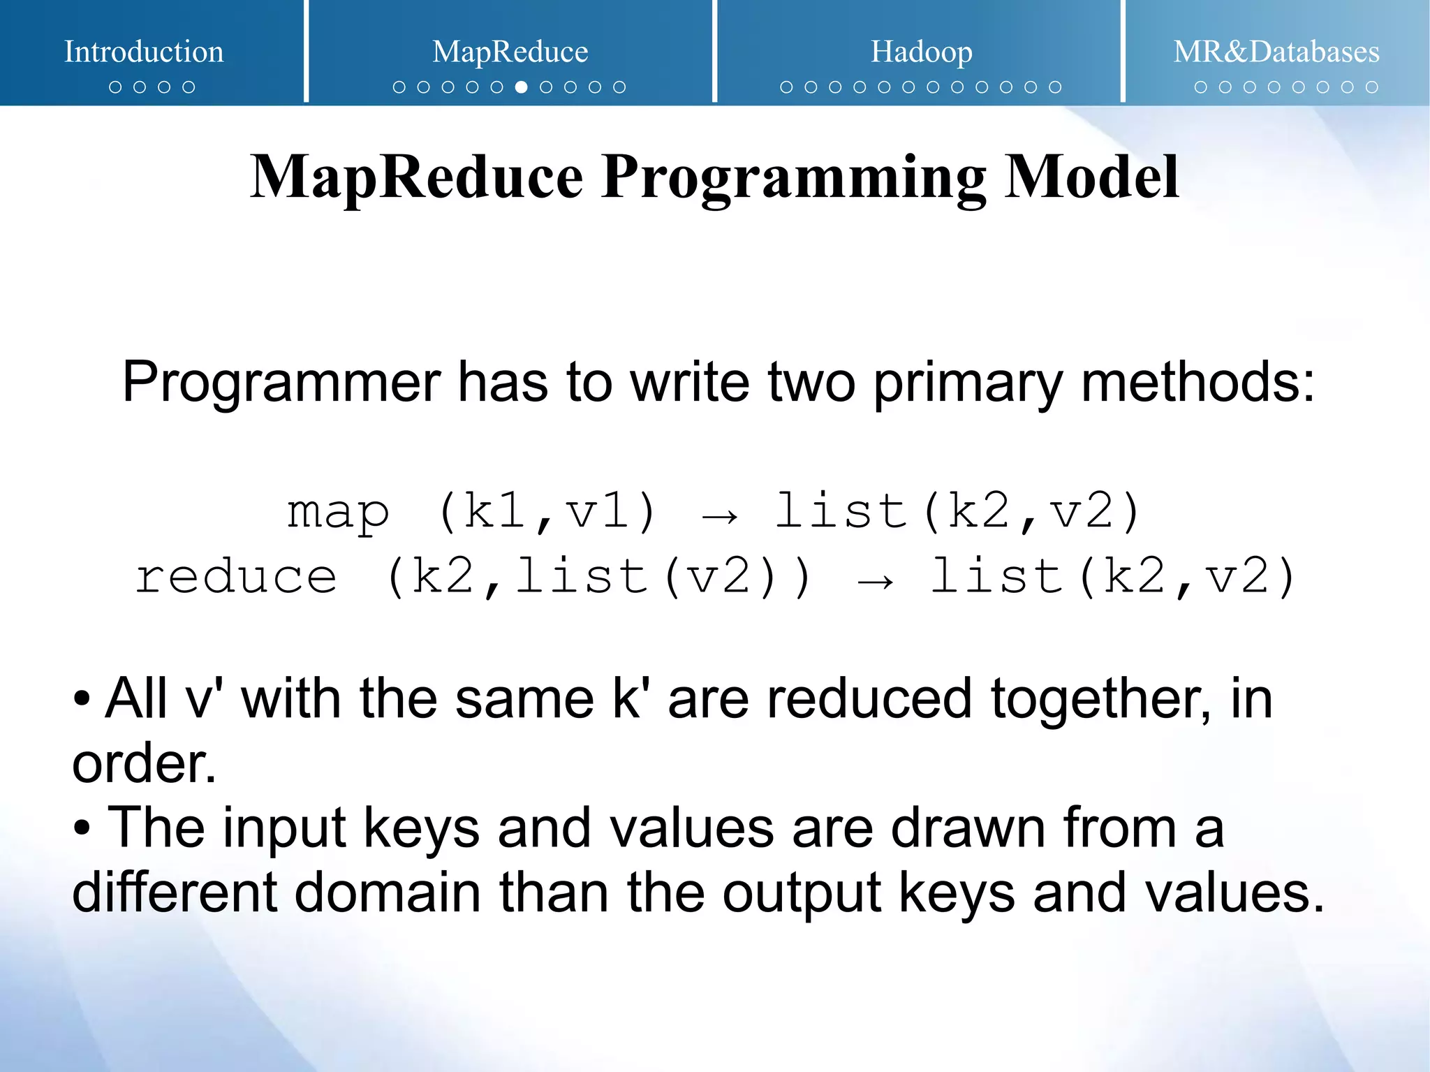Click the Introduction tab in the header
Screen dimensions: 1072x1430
coord(144,52)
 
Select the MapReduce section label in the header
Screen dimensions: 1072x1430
coord(510,52)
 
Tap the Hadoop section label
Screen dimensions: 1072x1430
coord(921,52)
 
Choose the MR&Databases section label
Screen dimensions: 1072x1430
coord(1276,52)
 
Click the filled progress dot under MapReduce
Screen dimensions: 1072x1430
coord(521,87)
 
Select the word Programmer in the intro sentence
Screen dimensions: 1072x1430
coord(281,383)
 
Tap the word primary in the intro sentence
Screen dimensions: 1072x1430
coord(968,383)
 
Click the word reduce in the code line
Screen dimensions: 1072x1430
coord(236,577)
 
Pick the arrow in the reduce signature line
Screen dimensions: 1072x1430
coord(875,582)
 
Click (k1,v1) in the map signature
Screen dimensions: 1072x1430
coord(547,512)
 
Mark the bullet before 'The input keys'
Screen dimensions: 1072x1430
coord(82,828)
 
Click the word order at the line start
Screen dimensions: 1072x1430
coord(143,763)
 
